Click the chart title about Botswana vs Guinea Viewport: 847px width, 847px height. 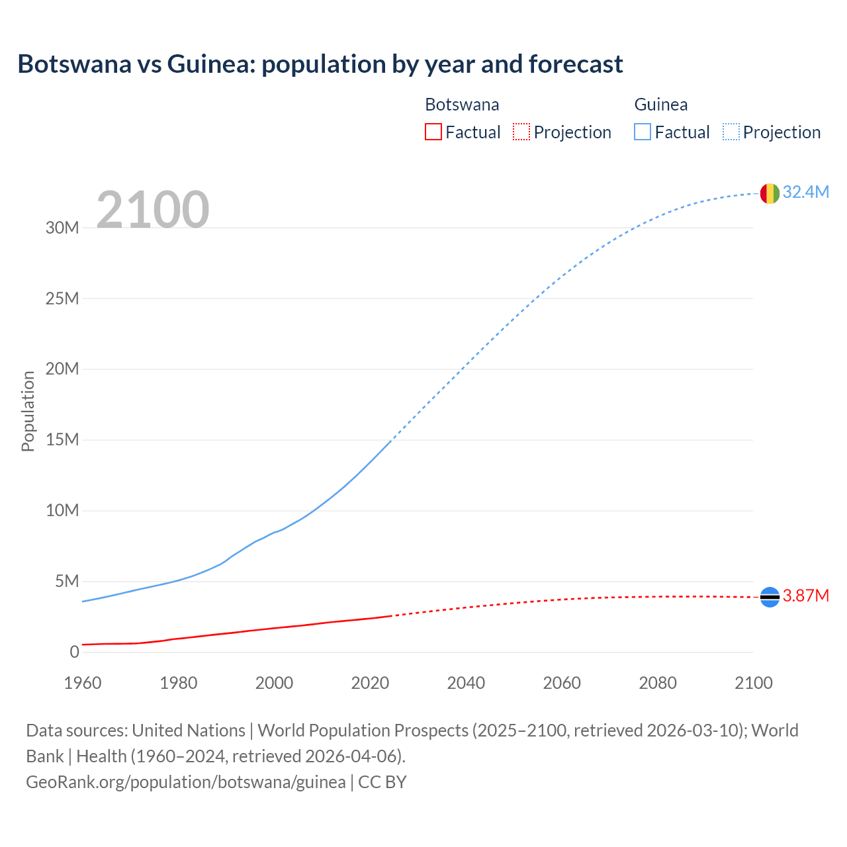pyautogui.click(x=320, y=64)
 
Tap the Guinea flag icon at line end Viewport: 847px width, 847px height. pyautogui.click(x=770, y=193)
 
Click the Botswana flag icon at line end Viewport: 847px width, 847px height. pyautogui.click(x=770, y=597)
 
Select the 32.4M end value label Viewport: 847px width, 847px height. pyautogui.click(x=805, y=192)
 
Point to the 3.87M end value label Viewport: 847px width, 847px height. pyautogui.click(x=805, y=596)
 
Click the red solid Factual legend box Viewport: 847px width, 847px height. pyautogui.click(x=433, y=132)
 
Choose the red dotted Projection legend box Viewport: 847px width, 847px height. pyautogui.click(x=521, y=132)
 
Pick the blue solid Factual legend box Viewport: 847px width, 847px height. pyautogui.click(x=642, y=132)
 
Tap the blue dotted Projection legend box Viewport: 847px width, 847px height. pyautogui.click(x=731, y=132)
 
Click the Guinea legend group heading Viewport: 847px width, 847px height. pyautogui.click(x=660, y=105)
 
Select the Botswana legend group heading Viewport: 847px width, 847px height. pyautogui.click(x=462, y=105)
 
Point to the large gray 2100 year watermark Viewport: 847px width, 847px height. pyautogui.click(x=153, y=210)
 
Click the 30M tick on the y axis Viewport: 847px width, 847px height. pyautogui.click(x=62, y=228)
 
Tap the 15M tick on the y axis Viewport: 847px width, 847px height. pyautogui.click(x=62, y=439)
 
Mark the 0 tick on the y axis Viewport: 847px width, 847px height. pyautogui.click(x=74, y=652)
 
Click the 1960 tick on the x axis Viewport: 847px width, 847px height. pyautogui.click(x=83, y=683)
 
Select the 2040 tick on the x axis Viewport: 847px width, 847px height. pyautogui.click(x=466, y=683)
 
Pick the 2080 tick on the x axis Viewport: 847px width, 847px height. pyautogui.click(x=658, y=683)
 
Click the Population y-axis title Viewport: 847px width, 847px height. pyautogui.click(x=28, y=411)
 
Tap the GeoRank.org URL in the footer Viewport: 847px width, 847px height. pyautogui.click(x=186, y=782)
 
